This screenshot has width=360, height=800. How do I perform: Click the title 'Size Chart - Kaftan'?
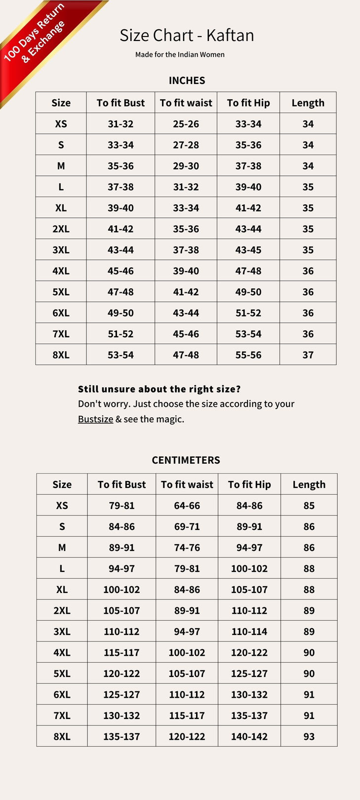pyautogui.click(x=187, y=36)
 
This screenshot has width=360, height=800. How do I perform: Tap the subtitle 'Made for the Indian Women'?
pyautogui.click(x=180, y=55)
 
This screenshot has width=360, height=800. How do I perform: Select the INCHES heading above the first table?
pyautogui.click(x=187, y=80)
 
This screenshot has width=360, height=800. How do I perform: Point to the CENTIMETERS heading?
pyautogui.click(x=186, y=460)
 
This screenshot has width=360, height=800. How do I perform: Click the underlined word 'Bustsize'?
pyautogui.click(x=95, y=419)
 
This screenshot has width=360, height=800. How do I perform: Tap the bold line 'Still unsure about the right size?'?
pyautogui.click(x=159, y=389)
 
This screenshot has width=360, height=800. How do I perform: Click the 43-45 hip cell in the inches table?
pyautogui.click(x=248, y=250)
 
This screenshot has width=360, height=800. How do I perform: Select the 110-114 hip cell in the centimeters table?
pyautogui.click(x=249, y=632)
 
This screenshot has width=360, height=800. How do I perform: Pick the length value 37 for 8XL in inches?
pyautogui.click(x=308, y=355)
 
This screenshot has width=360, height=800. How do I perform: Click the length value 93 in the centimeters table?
pyautogui.click(x=309, y=737)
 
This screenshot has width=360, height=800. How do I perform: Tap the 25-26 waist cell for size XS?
pyautogui.click(x=186, y=124)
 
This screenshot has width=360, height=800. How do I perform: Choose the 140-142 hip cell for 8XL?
pyautogui.click(x=249, y=737)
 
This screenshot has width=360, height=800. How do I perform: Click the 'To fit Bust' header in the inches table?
pyautogui.click(x=120, y=103)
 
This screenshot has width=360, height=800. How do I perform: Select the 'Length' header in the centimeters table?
pyautogui.click(x=309, y=485)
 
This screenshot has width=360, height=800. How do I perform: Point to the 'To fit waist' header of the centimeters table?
pyautogui.click(x=187, y=485)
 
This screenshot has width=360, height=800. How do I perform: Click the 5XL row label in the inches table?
pyautogui.click(x=61, y=292)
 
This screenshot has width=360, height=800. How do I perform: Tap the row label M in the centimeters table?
pyautogui.click(x=62, y=548)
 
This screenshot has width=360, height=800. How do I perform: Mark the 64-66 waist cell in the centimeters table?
pyautogui.click(x=187, y=506)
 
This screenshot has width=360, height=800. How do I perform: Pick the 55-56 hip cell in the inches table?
pyautogui.click(x=248, y=355)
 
